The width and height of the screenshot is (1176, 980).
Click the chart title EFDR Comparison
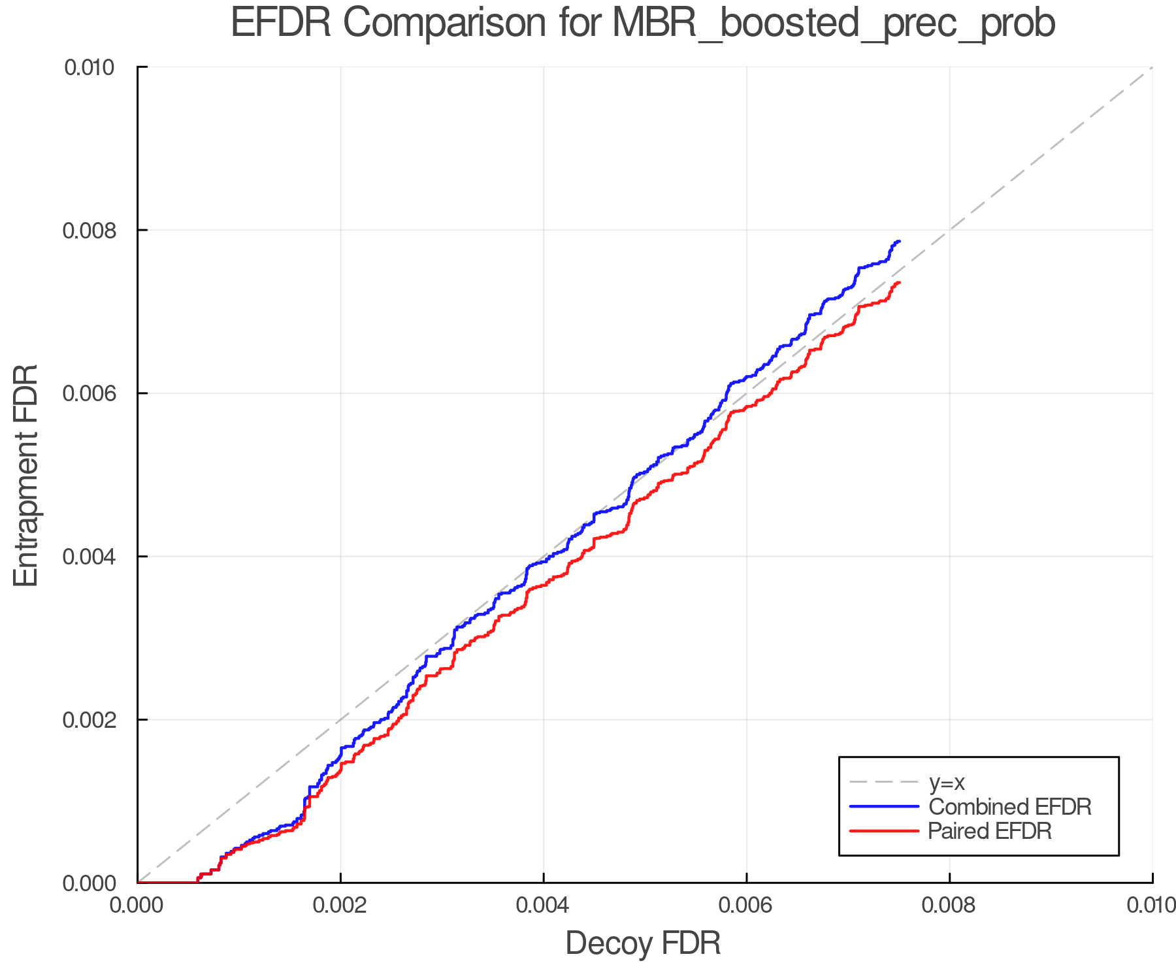643,24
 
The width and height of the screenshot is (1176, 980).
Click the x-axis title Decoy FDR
643,943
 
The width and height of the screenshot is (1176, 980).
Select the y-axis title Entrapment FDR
26,475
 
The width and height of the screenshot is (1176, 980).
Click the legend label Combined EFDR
1010,807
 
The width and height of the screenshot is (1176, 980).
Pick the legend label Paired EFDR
990,831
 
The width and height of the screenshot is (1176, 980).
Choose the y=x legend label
947,782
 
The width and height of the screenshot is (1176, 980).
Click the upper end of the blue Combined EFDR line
900,242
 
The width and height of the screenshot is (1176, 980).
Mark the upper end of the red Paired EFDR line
900,282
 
